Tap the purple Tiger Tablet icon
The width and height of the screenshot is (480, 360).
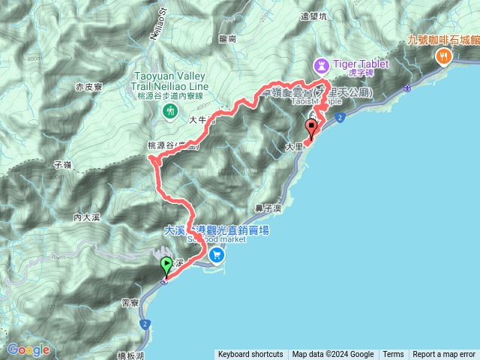321,64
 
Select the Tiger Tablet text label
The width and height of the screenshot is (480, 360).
359,64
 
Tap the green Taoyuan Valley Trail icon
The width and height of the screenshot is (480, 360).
169,111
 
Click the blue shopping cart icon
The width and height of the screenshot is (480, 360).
216,254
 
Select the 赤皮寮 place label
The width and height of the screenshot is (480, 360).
89,88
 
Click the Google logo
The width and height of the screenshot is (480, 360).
28,349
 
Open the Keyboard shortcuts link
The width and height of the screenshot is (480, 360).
250,355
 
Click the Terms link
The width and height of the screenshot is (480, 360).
393,355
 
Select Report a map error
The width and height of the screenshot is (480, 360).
444,355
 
